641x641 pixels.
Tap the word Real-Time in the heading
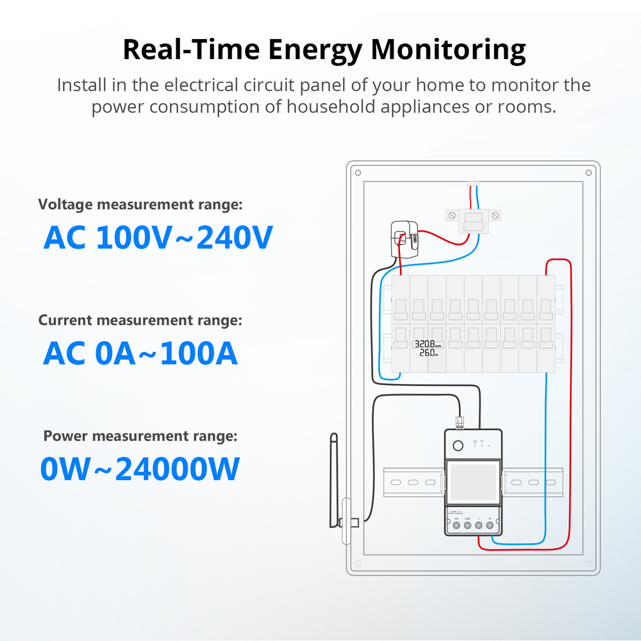[x=193, y=50]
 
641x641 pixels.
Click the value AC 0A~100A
[x=140, y=353]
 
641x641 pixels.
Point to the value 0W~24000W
[x=140, y=469]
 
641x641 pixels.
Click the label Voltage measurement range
[x=140, y=204]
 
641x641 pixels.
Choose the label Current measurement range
[x=140, y=320]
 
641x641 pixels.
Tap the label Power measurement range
[x=140, y=437]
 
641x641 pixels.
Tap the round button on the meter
[x=458, y=446]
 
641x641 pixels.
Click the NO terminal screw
[x=456, y=526]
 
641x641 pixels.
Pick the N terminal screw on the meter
[x=490, y=526]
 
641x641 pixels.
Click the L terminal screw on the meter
[x=479, y=526]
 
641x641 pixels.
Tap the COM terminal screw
[x=467, y=526]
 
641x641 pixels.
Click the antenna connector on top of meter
[x=460, y=422]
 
